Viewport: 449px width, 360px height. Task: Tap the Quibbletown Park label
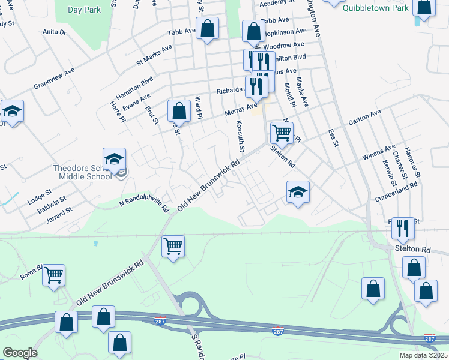click(x=375, y=8)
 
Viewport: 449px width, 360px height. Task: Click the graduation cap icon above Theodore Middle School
click(x=114, y=160)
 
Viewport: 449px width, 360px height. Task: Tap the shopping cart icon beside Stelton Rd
click(x=282, y=132)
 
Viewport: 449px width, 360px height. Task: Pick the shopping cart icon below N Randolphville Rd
click(x=173, y=246)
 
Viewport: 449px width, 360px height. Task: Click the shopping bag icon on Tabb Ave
click(x=207, y=28)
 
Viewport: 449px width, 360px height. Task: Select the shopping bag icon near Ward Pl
click(x=179, y=111)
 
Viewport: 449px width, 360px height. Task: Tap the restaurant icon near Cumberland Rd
click(x=403, y=228)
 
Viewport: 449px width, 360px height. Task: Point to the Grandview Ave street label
click(x=54, y=78)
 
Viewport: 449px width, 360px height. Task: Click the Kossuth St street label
click(x=240, y=136)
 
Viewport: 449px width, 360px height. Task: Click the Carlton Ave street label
click(x=364, y=118)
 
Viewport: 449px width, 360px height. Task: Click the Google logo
click(x=20, y=353)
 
